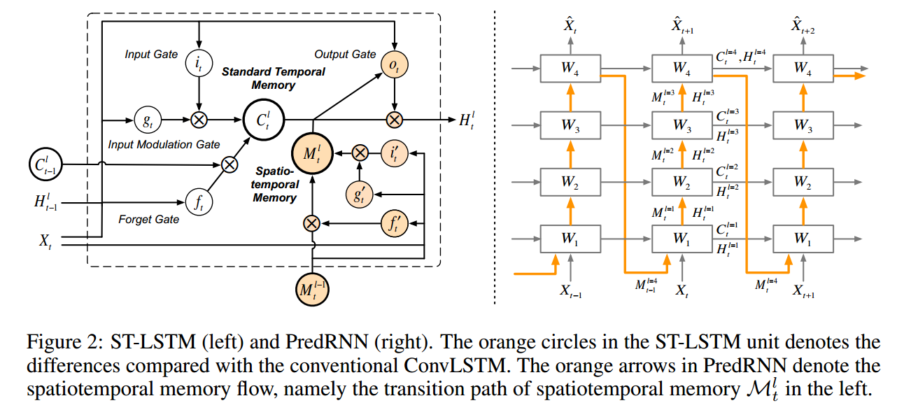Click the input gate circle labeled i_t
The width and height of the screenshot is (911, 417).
click(x=199, y=64)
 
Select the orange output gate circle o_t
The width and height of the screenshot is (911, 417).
click(x=395, y=65)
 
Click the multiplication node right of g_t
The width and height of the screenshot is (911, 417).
click(x=199, y=120)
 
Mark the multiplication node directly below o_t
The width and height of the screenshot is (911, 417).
click(x=395, y=120)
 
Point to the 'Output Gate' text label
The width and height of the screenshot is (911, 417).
click(x=345, y=54)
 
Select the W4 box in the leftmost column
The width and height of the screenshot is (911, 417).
click(x=570, y=69)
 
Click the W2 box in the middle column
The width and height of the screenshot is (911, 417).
click(x=680, y=182)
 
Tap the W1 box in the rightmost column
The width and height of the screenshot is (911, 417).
click(x=803, y=239)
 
